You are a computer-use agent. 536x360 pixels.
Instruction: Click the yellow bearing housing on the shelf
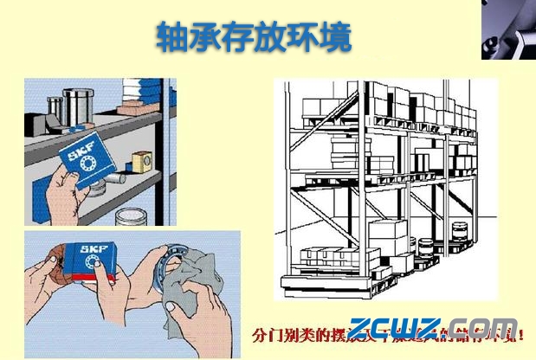[x=141, y=161]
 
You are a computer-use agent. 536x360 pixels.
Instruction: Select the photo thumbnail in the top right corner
[x=508, y=30]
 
